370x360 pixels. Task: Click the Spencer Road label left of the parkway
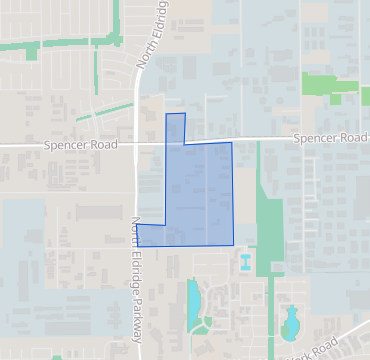(x=79, y=145)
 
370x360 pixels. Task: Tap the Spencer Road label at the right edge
(x=331, y=138)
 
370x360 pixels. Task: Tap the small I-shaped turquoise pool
(x=245, y=263)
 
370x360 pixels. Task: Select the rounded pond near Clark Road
(x=291, y=323)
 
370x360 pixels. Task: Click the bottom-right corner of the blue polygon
(x=233, y=245)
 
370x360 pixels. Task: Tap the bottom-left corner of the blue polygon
(x=137, y=245)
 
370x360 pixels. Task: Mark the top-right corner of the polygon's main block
(x=231, y=143)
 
